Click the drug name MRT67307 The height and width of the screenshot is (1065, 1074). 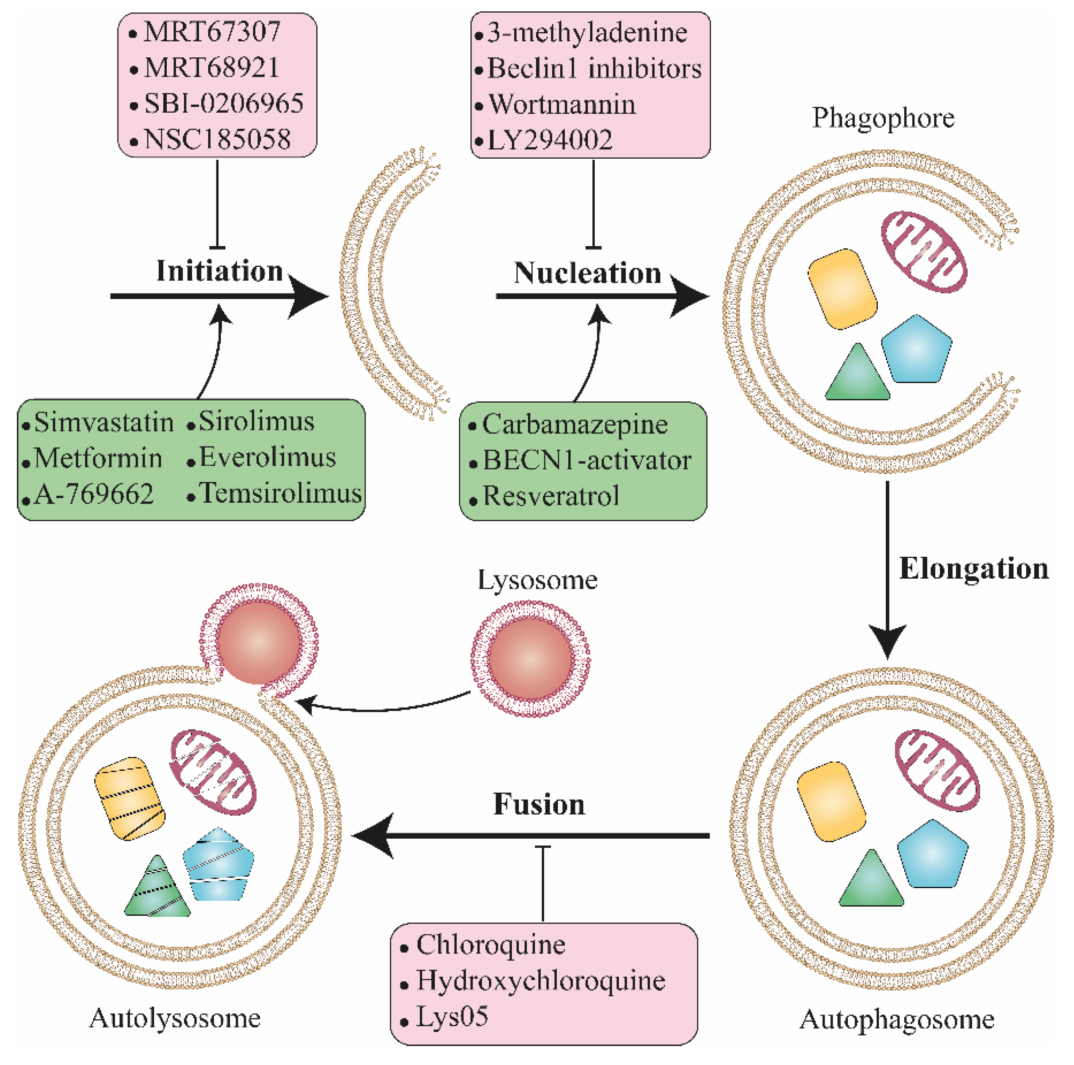[212, 32]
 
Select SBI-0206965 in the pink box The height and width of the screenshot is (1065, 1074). [223, 103]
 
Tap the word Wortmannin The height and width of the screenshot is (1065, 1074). [561, 105]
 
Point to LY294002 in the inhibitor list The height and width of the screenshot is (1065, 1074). [549, 140]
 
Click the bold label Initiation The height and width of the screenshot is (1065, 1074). [220, 271]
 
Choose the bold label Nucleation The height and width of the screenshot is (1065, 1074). [587, 273]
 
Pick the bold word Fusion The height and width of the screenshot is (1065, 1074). [539, 804]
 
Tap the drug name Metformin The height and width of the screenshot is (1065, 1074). [98, 458]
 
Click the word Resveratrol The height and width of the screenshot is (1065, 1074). [551, 496]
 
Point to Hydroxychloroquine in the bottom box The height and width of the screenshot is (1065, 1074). [540, 981]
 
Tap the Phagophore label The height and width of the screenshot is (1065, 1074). [883, 118]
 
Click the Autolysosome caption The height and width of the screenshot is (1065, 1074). [174, 1018]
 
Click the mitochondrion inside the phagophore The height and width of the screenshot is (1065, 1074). [923, 252]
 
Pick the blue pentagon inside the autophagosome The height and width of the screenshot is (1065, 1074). [932, 854]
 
